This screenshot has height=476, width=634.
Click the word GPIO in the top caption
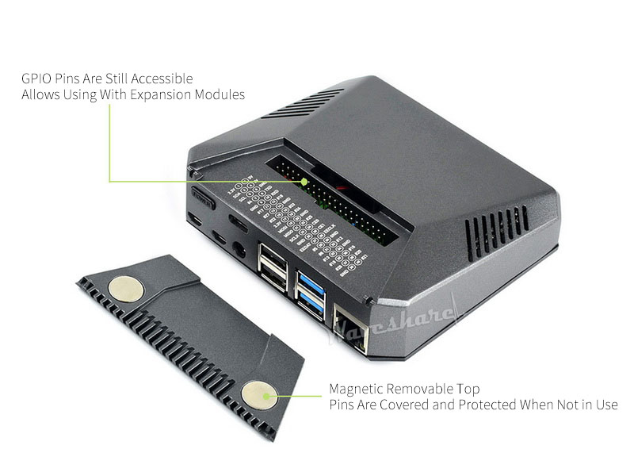pyautogui.click(x=35, y=79)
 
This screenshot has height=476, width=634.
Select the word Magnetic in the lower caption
pyautogui.click(x=356, y=389)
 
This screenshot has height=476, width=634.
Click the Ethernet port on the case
pyautogui.click(x=351, y=328)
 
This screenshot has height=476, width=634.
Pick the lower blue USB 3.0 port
pyautogui.click(x=311, y=303)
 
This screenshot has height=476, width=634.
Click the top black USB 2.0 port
pyautogui.click(x=272, y=255)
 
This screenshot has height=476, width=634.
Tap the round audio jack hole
pyautogui.click(x=238, y=251)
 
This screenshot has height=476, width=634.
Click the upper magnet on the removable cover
pyautogui.click(x=126, y=290)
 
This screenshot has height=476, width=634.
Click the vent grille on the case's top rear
pyautogui.click(x=302, y=103)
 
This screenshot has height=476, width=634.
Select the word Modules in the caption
pyautogui.click(x=221, y=94)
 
